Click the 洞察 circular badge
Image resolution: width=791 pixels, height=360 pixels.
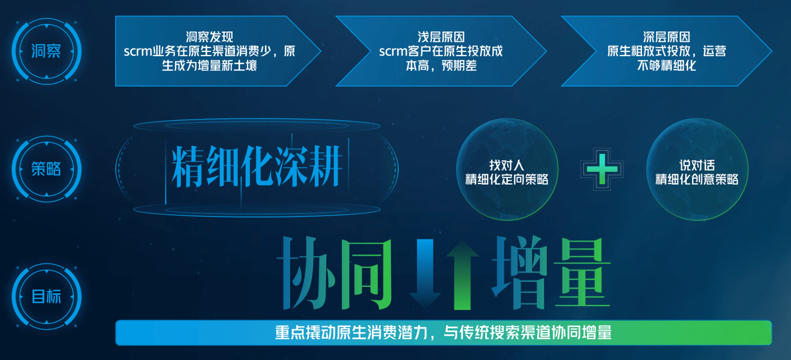point(47,51)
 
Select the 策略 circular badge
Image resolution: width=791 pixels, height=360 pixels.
point(47,169)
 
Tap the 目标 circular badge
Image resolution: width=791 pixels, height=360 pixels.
point(47,296)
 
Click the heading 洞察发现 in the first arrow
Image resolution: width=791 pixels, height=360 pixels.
point(210,37)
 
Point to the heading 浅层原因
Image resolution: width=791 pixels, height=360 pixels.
point(441,37)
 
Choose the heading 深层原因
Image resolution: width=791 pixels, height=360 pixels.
point(667,37)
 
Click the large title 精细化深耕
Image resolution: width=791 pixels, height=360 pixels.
point(257,167)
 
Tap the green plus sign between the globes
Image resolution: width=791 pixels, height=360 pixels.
point(602,169)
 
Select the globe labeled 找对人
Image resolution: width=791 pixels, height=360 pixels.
point(507,169)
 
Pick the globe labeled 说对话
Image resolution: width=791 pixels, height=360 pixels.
point(697,169)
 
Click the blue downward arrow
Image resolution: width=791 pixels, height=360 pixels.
point(425,273)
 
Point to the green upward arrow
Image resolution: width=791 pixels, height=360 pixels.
point(462,275)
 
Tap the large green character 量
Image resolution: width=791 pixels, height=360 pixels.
point(582,273)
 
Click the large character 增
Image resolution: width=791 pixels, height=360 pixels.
point(521,273)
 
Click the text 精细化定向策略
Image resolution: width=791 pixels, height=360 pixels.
point(507,180)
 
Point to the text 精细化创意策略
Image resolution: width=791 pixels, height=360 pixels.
point(697,180)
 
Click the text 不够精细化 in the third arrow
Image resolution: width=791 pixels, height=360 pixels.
point(667,66)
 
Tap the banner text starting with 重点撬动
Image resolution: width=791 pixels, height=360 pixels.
point(443,333)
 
